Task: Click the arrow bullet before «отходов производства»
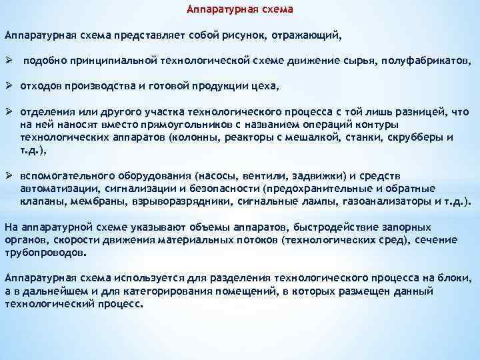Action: [x=9, y=86]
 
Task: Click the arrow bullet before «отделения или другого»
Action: [x=9, y=111]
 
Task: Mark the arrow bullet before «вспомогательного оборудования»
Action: [x=9, y=175]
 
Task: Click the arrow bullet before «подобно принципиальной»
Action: [x=9, y=61]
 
